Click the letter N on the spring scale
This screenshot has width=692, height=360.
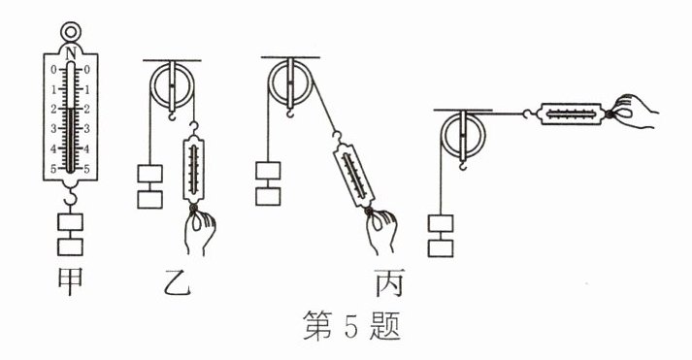pyautogui.click(x=70, y=53)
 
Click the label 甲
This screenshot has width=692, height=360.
pyautogui.click(x=70, y=281)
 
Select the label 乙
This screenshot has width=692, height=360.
pyautogui.click(x=178, y=282)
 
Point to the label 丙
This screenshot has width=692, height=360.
pyautogui.click(x=389, y=282)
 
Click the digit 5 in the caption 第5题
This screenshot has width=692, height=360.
pyautogui.click(x=350, y=326)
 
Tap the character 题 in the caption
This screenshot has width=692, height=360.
pyautogui.click(x=385, y=326)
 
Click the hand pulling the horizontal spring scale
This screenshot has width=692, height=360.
pyautogui.click(x=632, y=112)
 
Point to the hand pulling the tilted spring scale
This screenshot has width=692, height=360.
pyautogui.click(x=381, y=232)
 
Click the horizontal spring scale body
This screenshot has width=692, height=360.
pyautogui.click(x=572, y=114)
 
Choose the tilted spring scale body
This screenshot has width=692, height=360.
pyautogui.click(x=354, y=175)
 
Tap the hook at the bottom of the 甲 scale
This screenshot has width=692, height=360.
pyautogui.click(x=70, y=197)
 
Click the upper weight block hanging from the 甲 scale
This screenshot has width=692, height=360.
pyautogui.click(x=70, y=222)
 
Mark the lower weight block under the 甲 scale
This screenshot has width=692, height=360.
pyautogui.click(x=70, y=247)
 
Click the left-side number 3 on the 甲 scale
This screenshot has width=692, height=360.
pyautogui.click(x=53, y=129)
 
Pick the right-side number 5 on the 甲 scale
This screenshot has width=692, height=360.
pyautogui.click(x=86, y=169)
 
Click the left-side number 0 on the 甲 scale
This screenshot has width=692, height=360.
pyautogui.click(x=53, y=69)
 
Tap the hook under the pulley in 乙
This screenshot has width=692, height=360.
pyautogui.click(x=172, y=115)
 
